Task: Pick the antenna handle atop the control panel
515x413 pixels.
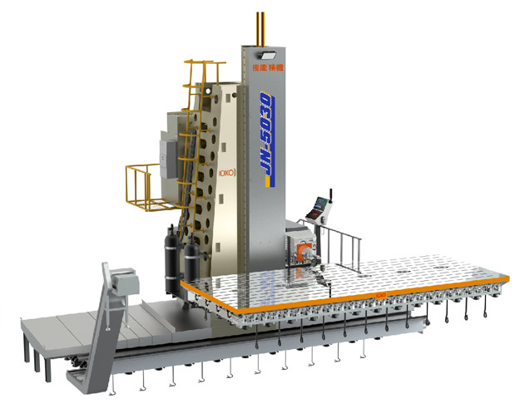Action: (x=329, y=196)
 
